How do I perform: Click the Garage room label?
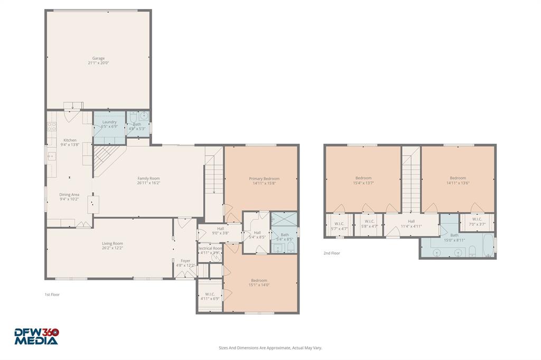point(98,58)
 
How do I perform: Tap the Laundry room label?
point(109,122)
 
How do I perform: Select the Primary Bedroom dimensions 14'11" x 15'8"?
point(264,183)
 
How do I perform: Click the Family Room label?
point(148,178)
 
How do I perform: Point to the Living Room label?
point(113,243)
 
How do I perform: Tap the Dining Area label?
point(69,195)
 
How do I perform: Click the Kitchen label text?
point(70,140)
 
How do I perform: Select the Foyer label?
point(185,261)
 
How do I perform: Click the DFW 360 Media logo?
point(36,336)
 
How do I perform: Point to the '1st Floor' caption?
point(52,295)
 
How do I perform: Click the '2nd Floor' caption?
point(332,253)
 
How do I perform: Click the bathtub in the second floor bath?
point(488,245)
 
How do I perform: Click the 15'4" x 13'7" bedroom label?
point(363,178)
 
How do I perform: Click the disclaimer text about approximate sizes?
point(270,348)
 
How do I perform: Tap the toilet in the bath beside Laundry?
point(133,116)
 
